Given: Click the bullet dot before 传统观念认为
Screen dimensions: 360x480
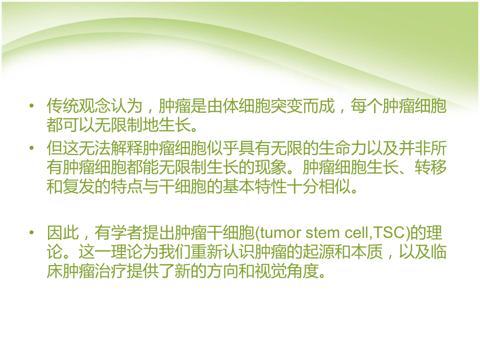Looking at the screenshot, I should pos(32,107).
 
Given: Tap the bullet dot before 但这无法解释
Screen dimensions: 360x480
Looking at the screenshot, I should pos(32,149).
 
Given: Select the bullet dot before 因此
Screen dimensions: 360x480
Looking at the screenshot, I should pos(32,232).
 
